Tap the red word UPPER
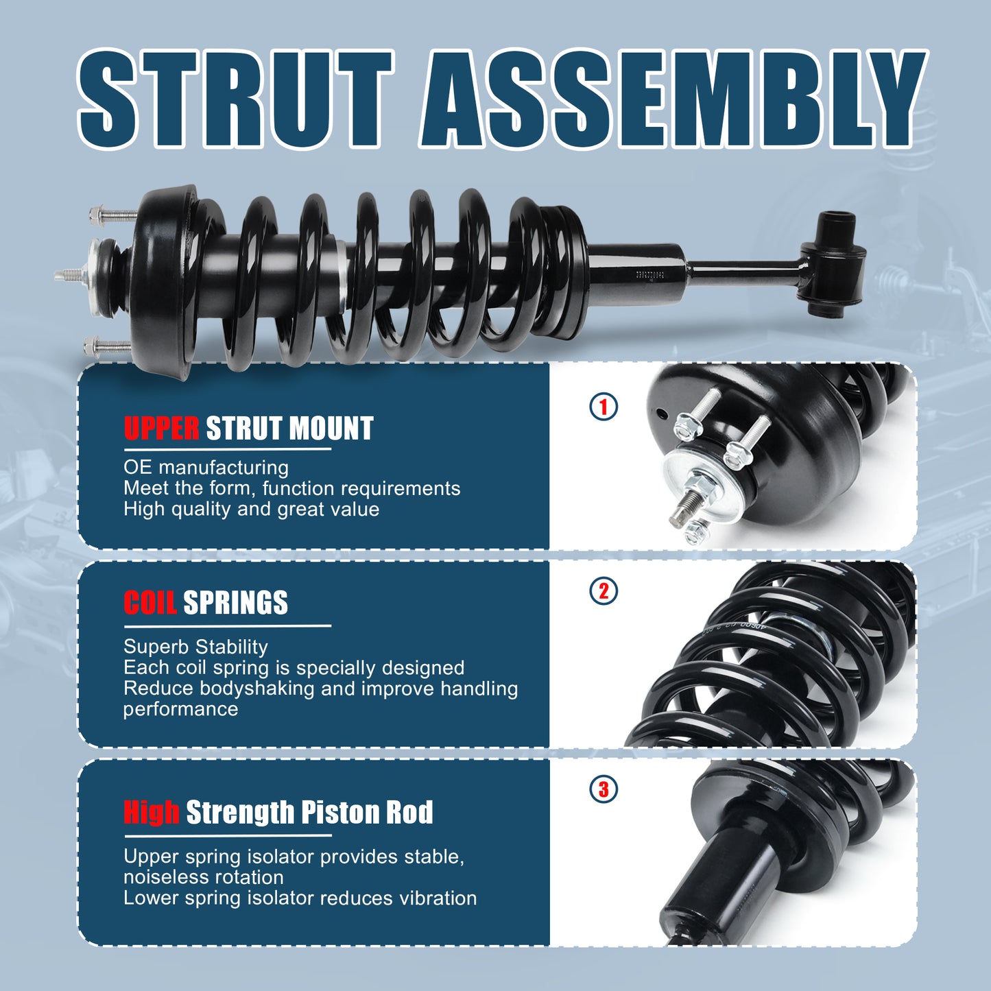[x=161, y=429]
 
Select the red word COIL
[x=150, y=603]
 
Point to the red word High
[x=152, y=812]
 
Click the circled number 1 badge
[x=604, y=407]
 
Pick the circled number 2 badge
[x=604, y=591]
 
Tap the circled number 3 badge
[x=604, y=789]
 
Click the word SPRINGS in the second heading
[x=235, y=603]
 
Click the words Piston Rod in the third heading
[x=367, y=812]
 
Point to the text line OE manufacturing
[x=206, y=468]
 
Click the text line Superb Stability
[x=195, y=647]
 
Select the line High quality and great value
[x=251, y=509]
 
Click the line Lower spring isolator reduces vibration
[x=300, y=898]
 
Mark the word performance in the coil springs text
[x=180, y=709]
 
